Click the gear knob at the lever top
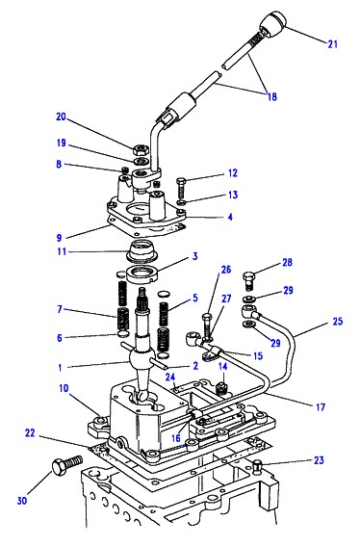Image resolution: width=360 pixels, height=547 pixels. pyautogui.click(x=273, y=23)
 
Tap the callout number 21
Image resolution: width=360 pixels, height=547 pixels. pyautogui.click(x=332, y=44)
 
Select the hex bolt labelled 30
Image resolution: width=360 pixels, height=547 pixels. pyautogui.click(x=67, y=465)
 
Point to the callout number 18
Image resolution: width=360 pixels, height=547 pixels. pyautogui.click(x=271, y=96)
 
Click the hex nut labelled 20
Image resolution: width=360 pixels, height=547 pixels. pyautogui.click(x=141, y=150)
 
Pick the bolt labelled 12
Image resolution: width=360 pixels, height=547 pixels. pyautogui.click(x=182, y=188)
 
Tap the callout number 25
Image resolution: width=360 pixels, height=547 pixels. pyautogui.click(x=337, y=321)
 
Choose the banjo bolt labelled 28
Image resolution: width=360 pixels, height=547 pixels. pyautogui.click(x=249, y=281)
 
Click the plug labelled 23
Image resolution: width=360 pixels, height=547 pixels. pyautogui.click(x=257, y=465)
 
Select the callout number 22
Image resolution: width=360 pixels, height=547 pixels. pyautogui.click(x=30, y=433)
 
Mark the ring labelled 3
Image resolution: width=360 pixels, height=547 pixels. pyautogui.click(x=142, y=273)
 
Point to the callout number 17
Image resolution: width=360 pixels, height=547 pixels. pyautogui.click(x=321, y=407)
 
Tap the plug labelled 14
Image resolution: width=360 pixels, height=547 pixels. pyautogui.click(x=221, y=387)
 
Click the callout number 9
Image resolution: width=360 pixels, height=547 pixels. pyautogui.click(x=59, y=238)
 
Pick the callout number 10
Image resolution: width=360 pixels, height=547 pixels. pyautogui.click(x=64, y=388)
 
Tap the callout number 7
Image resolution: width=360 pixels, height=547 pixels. pyautogui.click(x=60, y=309)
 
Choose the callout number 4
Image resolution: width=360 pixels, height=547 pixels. pyautogui.click(x=230, y=217)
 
